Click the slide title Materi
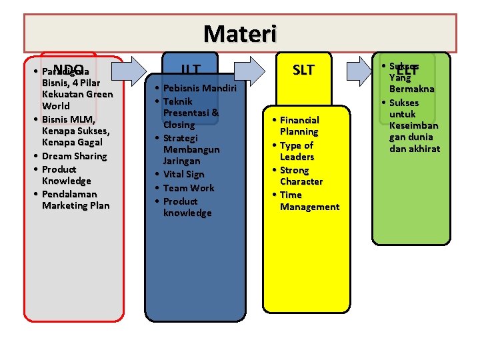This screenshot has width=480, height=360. [x=239, y=33]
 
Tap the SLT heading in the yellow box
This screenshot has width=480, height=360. [x=303, y=70]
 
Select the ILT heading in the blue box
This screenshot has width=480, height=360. [x=192, y=70]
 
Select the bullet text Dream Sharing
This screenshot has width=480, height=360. [x=74, y=156]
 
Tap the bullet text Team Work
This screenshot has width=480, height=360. [x=189, y=188]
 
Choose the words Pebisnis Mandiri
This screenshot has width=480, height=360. [x=195, y=88]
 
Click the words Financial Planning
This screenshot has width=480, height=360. [x=299, y=126]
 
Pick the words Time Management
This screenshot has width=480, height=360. [x=309, y=201]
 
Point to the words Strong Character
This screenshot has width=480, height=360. [x=301, y=176]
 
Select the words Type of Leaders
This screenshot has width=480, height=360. [x=297, y=151]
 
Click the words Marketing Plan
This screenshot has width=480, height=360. [x=75, y=205]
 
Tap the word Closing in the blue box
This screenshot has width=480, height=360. [x=179, y=125]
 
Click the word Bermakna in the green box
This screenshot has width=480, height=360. [x=412, y=89]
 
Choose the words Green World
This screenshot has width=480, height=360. [x=77, y=100]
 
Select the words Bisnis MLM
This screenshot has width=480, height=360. [x=69, y=119]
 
